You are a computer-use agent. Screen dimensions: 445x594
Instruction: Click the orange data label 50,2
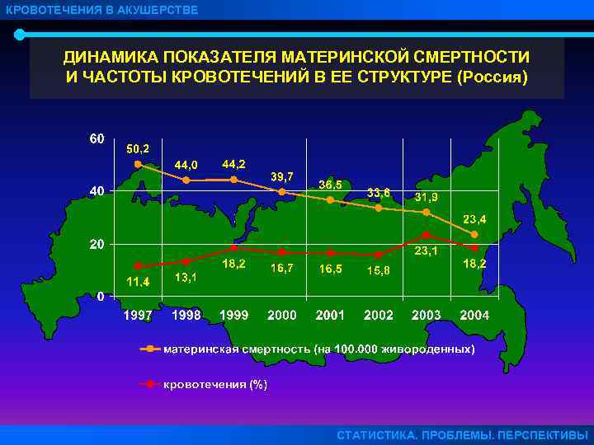coord(138,149)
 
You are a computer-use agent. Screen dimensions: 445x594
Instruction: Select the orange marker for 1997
coord(139,164)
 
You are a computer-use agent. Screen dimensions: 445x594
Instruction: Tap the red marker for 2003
coord(426,235)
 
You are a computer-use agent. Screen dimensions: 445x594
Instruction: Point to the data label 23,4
coord(474,219)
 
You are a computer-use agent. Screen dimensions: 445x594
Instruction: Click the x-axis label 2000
coord(282,315)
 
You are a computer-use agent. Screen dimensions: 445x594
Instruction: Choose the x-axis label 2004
coord(474,315)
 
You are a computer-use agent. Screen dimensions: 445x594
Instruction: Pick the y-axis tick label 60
coord(97,138)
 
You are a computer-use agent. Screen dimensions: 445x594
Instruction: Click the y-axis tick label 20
coord(97,244)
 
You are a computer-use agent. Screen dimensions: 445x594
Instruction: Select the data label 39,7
coord(283,176)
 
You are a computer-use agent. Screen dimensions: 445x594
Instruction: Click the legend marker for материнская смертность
coord(150,349)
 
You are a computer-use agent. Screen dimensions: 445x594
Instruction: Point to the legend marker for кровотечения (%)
coord(150,384)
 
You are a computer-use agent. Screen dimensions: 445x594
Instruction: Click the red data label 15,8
coord(379,270)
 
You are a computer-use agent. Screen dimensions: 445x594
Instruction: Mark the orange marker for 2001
coord(330,199)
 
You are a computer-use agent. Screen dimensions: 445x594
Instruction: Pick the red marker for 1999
coord(234,247)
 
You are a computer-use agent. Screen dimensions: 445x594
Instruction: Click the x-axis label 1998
coord(187,315)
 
